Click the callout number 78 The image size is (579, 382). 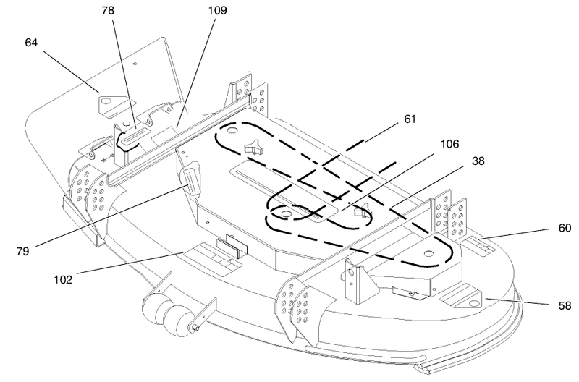tap(108, 11)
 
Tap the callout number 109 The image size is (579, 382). tap(218, 10)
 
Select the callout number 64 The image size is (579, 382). tap(31, 43)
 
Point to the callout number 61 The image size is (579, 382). tap(410, 119)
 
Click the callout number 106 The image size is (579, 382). tap(449, 144)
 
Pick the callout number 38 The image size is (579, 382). tap(478, 161)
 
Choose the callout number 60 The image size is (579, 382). tap(565, 228)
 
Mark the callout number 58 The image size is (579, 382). tap(565, 305)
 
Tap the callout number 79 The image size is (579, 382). tap(22, 251)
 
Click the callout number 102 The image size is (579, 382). tap(63, 279)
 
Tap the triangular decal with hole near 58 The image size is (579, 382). tap(462, 296)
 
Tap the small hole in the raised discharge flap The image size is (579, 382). tap(135, 64)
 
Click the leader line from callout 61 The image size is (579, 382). tap(381, 134)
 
